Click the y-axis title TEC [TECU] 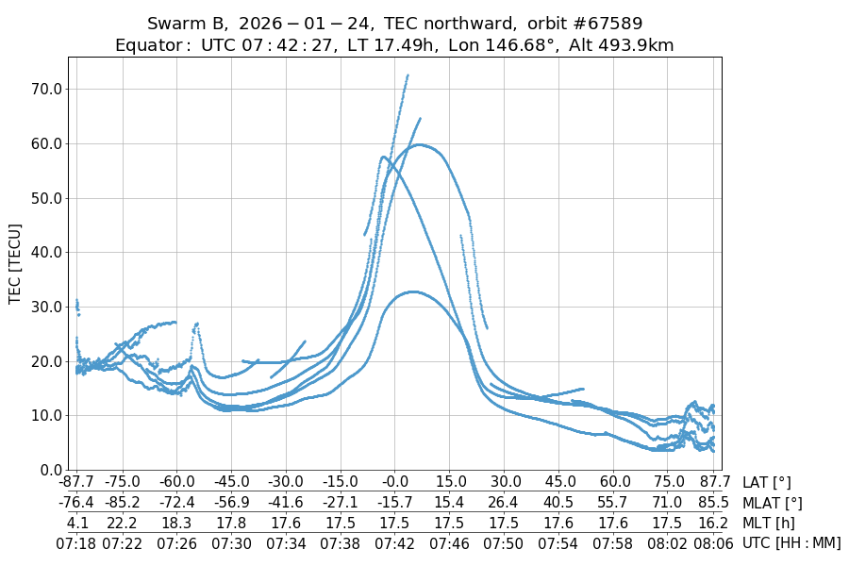point(15,263)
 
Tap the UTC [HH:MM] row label point(791,543)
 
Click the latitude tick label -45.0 point(230,483)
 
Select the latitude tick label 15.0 point(450,483)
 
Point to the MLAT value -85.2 point(122,504)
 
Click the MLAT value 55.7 point(614,504)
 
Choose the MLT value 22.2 point(122,524)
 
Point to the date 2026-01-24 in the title point(297,24)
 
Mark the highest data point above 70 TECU point(408,75)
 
